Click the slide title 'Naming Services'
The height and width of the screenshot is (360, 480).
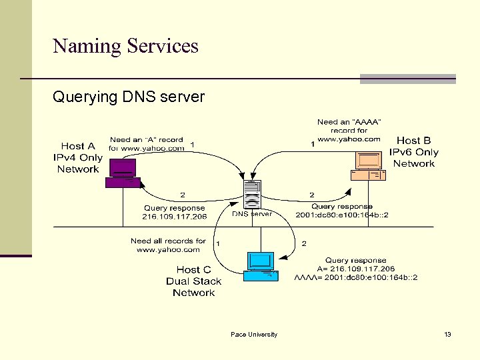125,46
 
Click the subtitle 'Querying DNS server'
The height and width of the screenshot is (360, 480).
129,97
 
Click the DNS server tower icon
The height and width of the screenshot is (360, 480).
252,195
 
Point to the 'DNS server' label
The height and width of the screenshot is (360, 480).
252,214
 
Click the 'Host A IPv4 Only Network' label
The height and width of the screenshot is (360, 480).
78,157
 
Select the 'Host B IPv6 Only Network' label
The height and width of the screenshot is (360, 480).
414,152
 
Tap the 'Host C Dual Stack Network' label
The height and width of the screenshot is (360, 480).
193,281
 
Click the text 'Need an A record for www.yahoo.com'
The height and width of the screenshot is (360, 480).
147,144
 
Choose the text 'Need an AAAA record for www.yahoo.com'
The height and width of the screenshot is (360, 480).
349,131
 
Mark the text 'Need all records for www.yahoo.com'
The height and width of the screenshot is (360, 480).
168,245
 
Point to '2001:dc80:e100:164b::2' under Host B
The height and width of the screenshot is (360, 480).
342,215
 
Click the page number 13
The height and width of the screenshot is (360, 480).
447,334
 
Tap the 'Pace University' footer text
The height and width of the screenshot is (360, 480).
254,334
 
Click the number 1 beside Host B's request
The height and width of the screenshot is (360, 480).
313,144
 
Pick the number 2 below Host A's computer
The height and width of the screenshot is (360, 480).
183,195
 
